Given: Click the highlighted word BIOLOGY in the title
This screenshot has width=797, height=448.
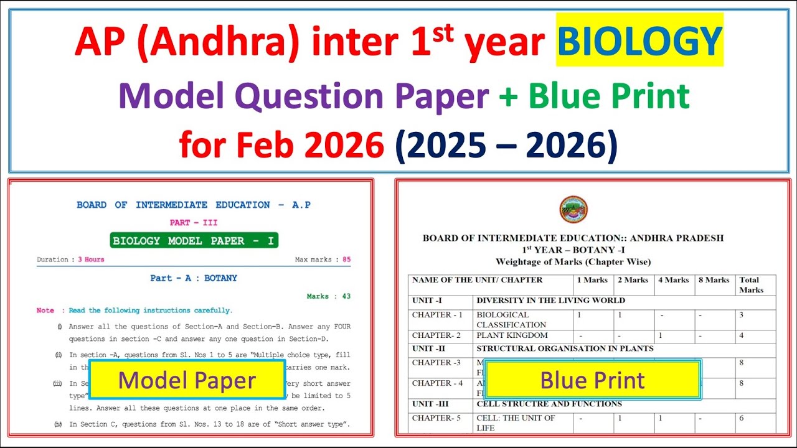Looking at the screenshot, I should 639,42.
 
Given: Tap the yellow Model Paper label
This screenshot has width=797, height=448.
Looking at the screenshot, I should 187,380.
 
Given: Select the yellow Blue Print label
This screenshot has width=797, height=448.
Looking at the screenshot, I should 592,380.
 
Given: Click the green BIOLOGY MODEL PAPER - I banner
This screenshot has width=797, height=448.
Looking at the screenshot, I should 194,241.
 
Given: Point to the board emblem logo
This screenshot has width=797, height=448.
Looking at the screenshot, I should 573,210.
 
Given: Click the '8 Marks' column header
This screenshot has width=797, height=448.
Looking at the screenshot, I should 714,280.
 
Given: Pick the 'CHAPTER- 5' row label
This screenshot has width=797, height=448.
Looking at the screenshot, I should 436,418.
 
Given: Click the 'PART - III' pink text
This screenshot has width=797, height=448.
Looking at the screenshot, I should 194,222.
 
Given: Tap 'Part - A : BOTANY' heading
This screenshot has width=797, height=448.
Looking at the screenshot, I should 194,278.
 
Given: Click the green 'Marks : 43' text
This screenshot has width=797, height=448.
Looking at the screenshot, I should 328,296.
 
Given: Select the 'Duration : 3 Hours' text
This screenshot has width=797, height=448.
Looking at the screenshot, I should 70,259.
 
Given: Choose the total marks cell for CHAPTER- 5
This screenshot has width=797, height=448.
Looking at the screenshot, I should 741,418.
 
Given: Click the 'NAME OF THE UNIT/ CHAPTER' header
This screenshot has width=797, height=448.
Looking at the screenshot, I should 477,280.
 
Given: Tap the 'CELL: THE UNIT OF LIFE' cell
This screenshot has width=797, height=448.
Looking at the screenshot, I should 516,423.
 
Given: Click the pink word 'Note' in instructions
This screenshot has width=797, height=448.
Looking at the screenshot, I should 45,310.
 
